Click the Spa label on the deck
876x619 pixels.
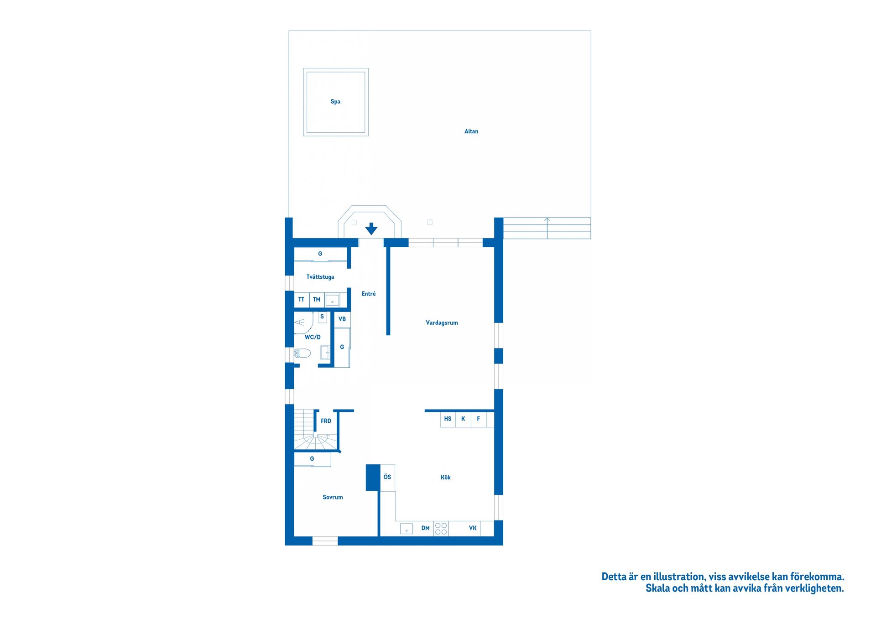pyautogui.click(x=335, y=102)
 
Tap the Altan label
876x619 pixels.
pyautogui.click(x=471, y=131)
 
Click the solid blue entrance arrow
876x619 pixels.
pyautogui.click(x=371, y=229)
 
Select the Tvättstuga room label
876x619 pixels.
pyautogui.click(x=320, y=277)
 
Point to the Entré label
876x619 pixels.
pyautogui.click(x=369, y=294)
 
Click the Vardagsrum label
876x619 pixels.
pyautogui.click(x=442, y=323)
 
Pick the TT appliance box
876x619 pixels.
pyautogui.click(x=302, y=300)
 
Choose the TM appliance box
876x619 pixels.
pyautogui.click(x=317, y=300)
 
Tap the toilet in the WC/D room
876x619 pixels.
pyautogui.click(x=302, y=353)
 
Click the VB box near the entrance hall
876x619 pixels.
pyautogui.click(x=342, y=319)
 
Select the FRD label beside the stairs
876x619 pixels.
pyautogui.click(x=326, y=421)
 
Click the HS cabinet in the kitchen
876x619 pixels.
pyautogui.click(x=448, y=419)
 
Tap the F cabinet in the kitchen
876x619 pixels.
pyautogui.click(x=478, y=419)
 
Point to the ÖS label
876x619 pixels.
pyautogui.click(x=387, y=477)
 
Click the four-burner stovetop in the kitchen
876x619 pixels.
pyautogui.click(x=441, y=528)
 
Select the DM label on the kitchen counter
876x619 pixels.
pyautogui.click(x=425, y=528)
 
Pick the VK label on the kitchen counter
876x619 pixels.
pyautogui.click(x=473, y=528)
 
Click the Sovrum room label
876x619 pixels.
pyautogui.click(x=333, y=498)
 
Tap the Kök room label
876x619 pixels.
pyautogui.click(x=446, y=478)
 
